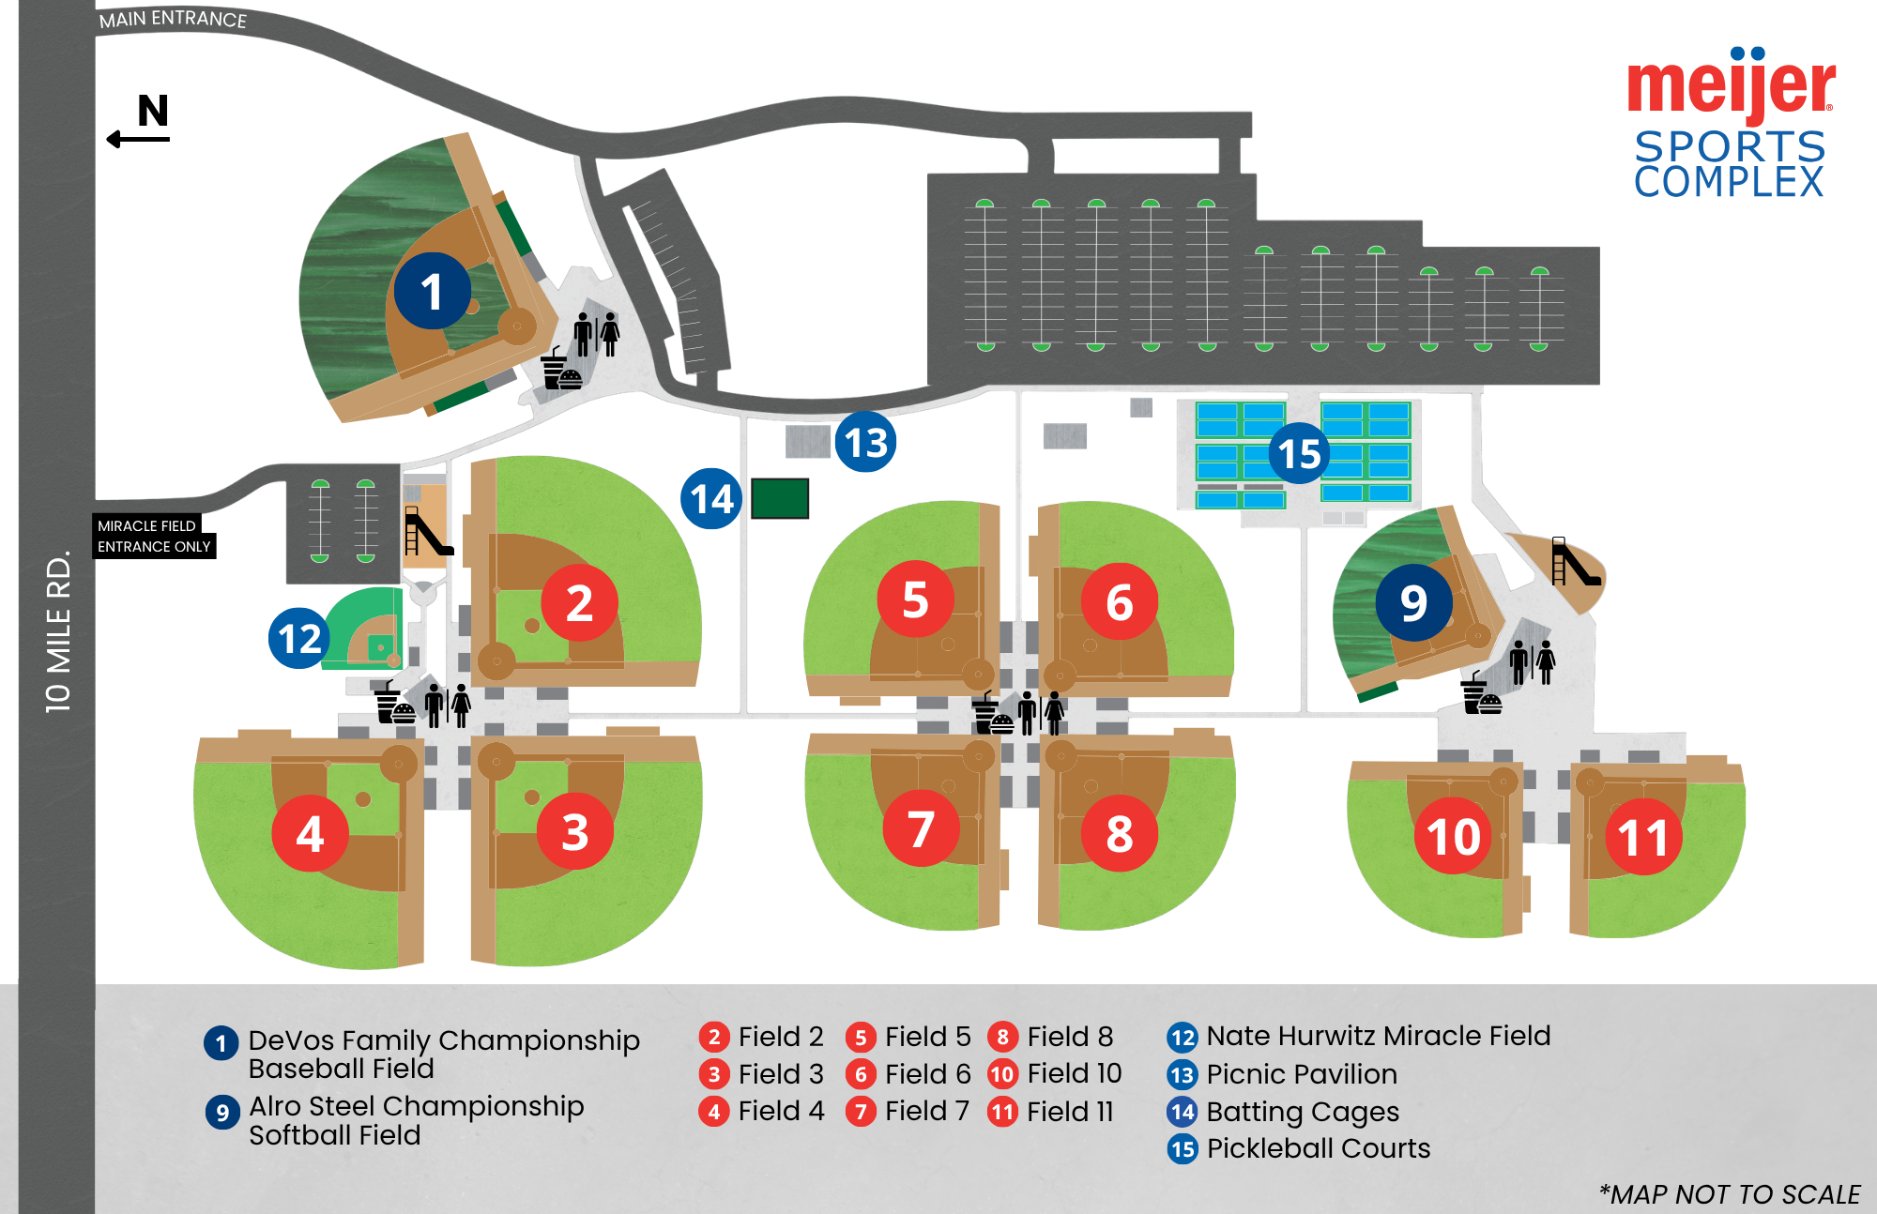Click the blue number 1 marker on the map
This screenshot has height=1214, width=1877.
(432, 291)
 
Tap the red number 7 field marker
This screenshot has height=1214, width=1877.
(921, 828)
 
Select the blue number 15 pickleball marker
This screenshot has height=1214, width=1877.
(1299, 453)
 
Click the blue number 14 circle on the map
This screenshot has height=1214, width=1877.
(711, 499)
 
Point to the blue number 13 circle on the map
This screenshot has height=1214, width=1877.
(865, 442)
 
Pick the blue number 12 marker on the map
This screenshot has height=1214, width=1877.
(299, 638)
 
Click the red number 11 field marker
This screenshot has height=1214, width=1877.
(1643, 837)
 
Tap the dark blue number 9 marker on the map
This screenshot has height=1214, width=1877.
(1413, 602)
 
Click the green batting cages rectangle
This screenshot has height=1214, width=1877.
(780, 499)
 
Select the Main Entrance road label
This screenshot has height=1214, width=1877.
(173, 19)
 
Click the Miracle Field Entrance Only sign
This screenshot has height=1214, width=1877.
(154, 536)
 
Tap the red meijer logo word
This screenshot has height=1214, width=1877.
(1731, 86)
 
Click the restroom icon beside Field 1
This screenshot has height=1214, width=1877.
(597, 334)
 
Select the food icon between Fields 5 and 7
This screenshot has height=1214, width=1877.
(990, 715)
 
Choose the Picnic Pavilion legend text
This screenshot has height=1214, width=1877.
(1302, 1074)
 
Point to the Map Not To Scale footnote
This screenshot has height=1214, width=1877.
(1730, 1194)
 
